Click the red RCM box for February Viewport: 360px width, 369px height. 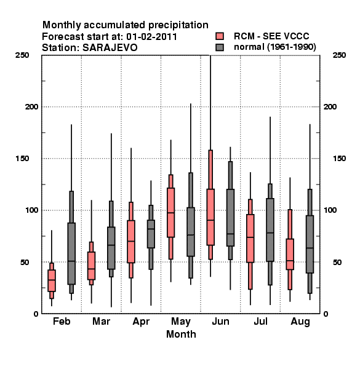pyautogui.click(x=52, y=280)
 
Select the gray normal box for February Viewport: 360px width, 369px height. pyautogui.click(x=71, y=253)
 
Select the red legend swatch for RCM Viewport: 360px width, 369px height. pyautogui.click(x=220, y=36)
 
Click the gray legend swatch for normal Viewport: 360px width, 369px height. pyautogui.click(x=220, y=47)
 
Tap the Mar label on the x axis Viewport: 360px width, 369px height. pyautogui.click(x=102, y=321)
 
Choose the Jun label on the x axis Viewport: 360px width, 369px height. pyautogui.click(x=220, y=321)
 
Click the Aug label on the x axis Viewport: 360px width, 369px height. pyautogui.click(x=300, y=322)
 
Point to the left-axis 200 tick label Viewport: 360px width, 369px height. pyautogui.click(x=31, y=106)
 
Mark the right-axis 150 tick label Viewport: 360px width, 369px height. pyautogui.click(x=339, y=159)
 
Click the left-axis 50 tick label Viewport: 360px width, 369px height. pyautogui.click(x=25, y=262)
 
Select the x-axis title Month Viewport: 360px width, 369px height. pyautogui.click(x=181, y=334)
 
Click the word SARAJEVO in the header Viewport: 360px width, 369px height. pyautogui.click(x=110, y=48)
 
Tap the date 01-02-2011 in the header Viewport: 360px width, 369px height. pyautogui.click(x=151, y=36)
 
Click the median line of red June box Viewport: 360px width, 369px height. pyautogui.click(x=210, y=220)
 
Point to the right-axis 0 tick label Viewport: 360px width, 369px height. pyautogui.click(x=326, y=314)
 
